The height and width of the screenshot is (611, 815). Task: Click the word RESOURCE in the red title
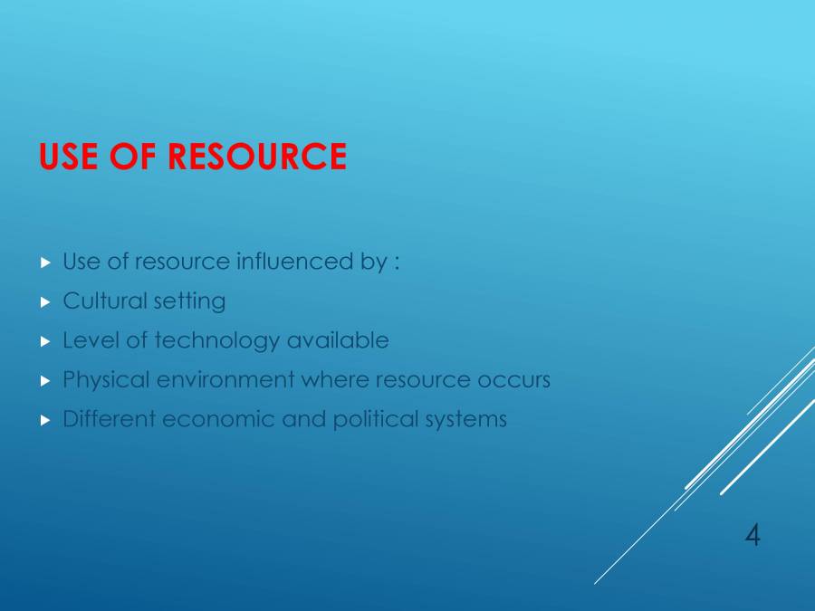(257, 157)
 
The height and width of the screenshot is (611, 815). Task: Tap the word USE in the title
(70, 157)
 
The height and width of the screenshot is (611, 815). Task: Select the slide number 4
(753, 536)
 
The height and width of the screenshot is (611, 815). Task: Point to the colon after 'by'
(397, 263)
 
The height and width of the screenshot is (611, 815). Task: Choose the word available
(338, 340)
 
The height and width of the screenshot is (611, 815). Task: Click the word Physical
(106, 380)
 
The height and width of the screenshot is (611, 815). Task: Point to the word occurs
(513, 380)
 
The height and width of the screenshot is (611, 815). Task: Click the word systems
(466, 421)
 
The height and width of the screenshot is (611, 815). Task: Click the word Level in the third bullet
(86, 340)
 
